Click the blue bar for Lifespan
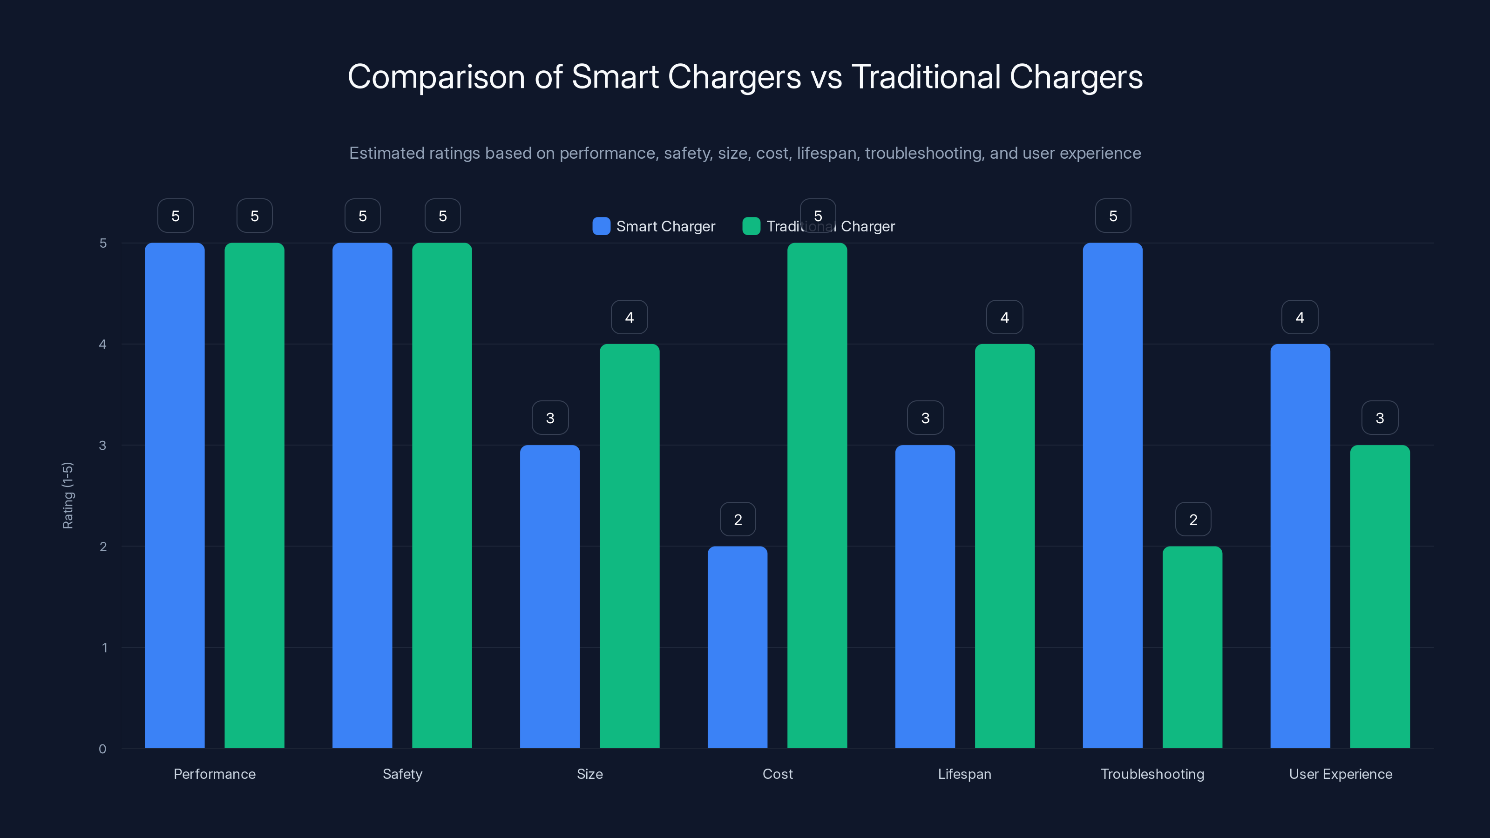click(x=925, y=596)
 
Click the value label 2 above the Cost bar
click(x=738, y=520)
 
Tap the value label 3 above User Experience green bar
click(x=1380, y=418)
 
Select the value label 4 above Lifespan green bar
click(x=1004, y=317)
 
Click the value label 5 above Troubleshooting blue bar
click(x=1112, y=216)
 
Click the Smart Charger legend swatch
click(x=601, y=226)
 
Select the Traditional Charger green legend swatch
click(x=751, y=226)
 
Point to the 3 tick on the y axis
click(x=102, y=446)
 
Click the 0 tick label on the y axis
click(x=102, y=749)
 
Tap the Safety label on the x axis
click(x=403, y=774)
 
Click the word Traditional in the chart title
click(x=926, y=77)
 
